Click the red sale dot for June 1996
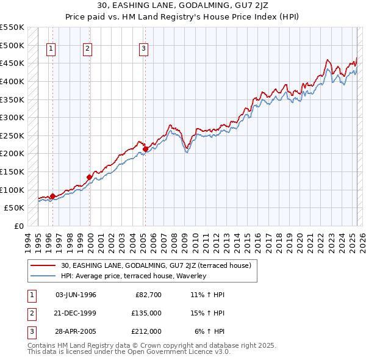(52, 196)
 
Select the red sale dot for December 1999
(89, 177)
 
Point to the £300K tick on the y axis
(12, 117)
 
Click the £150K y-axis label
(12, 171)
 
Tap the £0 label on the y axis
(18, 226)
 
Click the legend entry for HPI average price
(134, 276)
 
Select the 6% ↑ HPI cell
(210, 331)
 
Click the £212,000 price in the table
(146, 331)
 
